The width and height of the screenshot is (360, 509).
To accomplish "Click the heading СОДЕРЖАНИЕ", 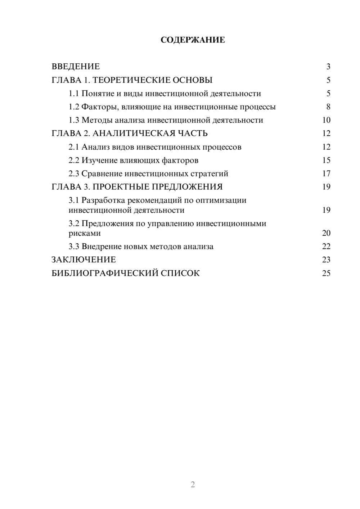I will point(193,40).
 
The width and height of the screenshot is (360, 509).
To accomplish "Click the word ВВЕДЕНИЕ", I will point(76,67).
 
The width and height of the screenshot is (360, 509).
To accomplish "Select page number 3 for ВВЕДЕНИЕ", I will point(328,67).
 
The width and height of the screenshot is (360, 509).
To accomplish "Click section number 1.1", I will point(74,94).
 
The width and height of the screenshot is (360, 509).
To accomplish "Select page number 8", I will point(328,107).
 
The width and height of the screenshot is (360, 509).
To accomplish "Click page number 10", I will point(326,120).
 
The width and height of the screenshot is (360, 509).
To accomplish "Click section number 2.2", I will point(74,160).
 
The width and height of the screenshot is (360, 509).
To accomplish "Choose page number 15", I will point(326,160).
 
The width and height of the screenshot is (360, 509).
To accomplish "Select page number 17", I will point(326,174).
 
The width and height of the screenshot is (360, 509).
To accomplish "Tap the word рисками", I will point(85,233).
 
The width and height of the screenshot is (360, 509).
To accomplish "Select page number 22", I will point(326,247).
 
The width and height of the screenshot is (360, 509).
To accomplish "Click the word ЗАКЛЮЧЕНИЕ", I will point(84,260).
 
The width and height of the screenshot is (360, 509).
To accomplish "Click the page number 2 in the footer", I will point(193,485).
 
